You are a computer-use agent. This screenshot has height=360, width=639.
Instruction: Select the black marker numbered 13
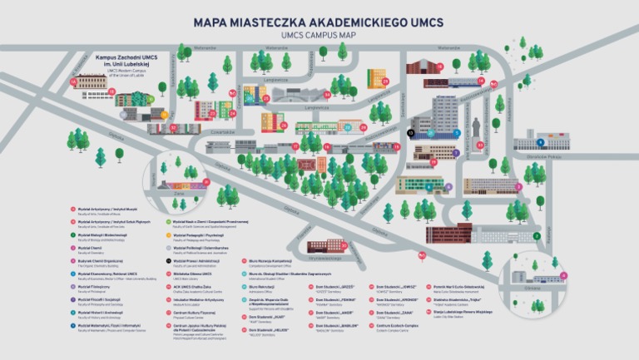(x=410, y=132)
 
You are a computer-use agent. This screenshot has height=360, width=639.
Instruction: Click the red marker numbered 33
(x=479, y=144)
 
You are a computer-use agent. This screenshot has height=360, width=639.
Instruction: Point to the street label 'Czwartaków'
(x=224, y=130)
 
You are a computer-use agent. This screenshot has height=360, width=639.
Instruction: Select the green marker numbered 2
(x=537, y=236)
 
